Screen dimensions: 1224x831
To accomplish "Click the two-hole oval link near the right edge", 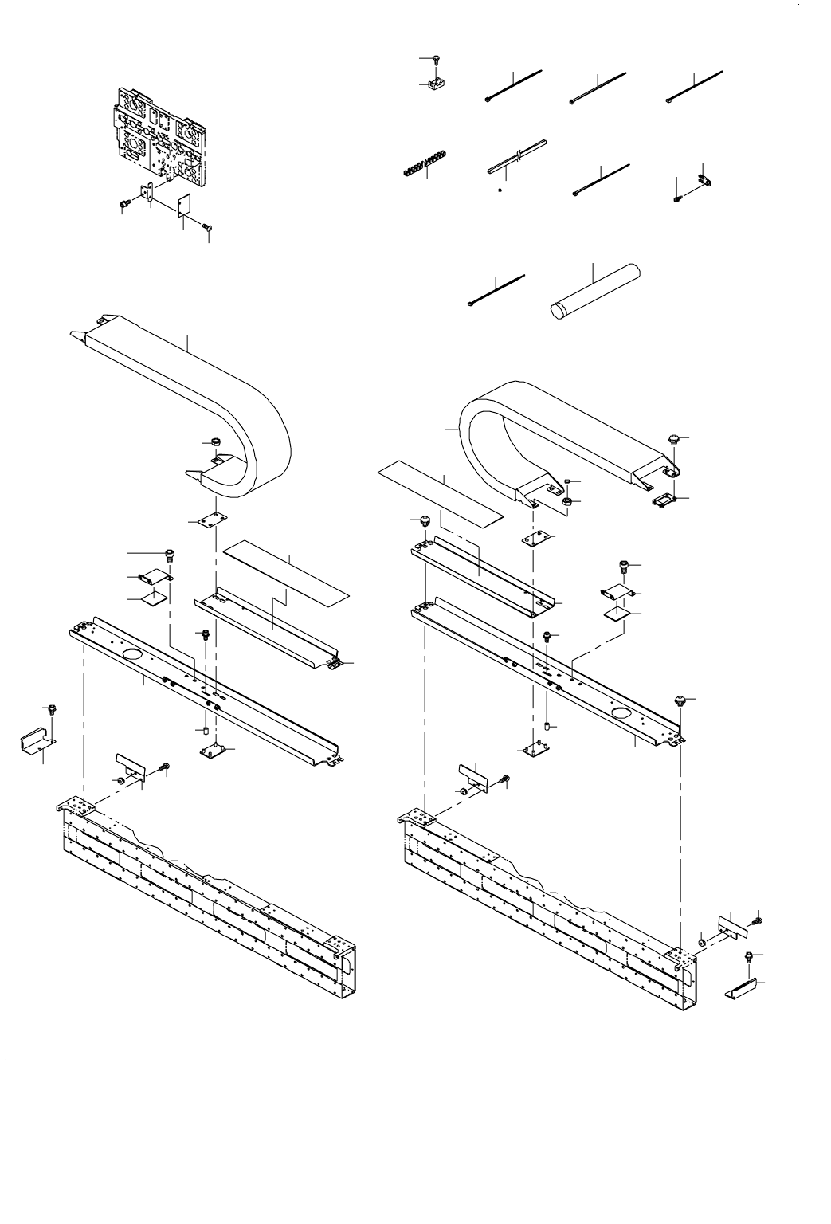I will pos(704,179).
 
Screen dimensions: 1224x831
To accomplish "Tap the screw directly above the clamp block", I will pos(437,60).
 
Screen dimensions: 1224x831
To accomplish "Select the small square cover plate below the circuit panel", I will pos(184,206).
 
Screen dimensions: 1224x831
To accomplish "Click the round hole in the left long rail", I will pos(132,656).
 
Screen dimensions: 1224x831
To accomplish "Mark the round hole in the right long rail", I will pos(620,710).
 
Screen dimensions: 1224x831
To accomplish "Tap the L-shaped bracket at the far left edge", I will pos(36,741).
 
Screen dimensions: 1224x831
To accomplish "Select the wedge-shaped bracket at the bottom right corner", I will pos(744,988).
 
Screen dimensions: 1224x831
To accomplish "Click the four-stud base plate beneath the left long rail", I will pos(213,750).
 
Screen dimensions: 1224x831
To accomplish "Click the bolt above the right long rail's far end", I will pos(680,700).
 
